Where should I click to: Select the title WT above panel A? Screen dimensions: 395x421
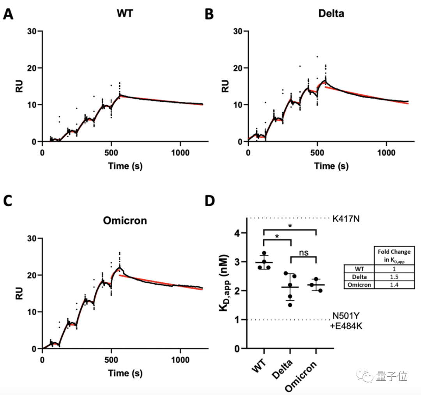pos(125,13)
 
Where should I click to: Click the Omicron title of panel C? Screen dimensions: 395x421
pos(125,220)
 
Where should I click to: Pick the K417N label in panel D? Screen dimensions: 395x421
pos(346,218)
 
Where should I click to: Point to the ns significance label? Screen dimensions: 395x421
pos(304,253)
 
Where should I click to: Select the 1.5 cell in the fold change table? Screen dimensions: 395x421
pos(388,277)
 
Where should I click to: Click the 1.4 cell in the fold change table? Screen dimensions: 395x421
pos(388,285)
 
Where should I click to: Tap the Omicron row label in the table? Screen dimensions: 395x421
pos(359,285)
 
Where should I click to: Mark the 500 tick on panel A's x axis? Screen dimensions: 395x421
pos(111,152)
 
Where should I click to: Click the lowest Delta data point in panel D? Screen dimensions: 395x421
pos(290,304)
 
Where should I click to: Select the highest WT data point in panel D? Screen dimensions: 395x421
pos(265,253)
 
